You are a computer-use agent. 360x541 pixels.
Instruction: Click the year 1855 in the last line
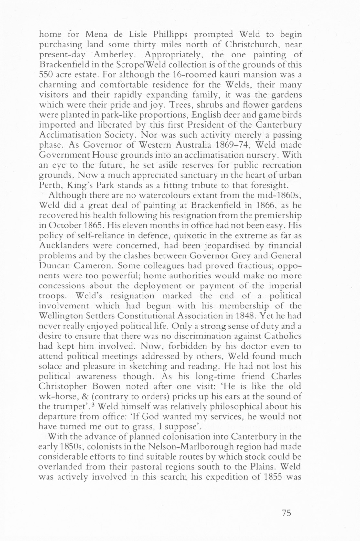point(272,477)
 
